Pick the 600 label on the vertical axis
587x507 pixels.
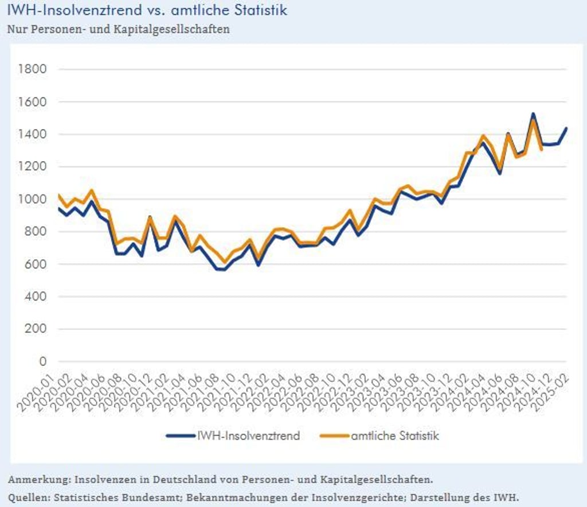pyautogui.click(x=35, y=264)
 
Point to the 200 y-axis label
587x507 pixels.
pyautogui.click(x=35, y=329)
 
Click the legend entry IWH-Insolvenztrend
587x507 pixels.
pyautogui.click(x=248, y=436)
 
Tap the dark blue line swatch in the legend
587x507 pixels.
pyautogui.click(x=181, y=436)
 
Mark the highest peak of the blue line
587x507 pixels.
pyautogui.click(x=533, y=114)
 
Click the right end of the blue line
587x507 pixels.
pyautogui.click(x=566, y=128)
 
